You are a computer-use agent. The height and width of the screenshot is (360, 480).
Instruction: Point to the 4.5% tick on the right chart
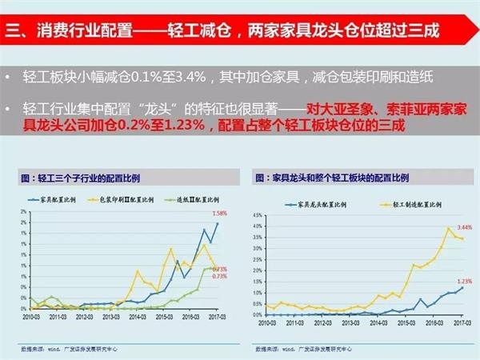point(257,214)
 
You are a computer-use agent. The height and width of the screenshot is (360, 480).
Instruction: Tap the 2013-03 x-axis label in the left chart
point(108,317)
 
